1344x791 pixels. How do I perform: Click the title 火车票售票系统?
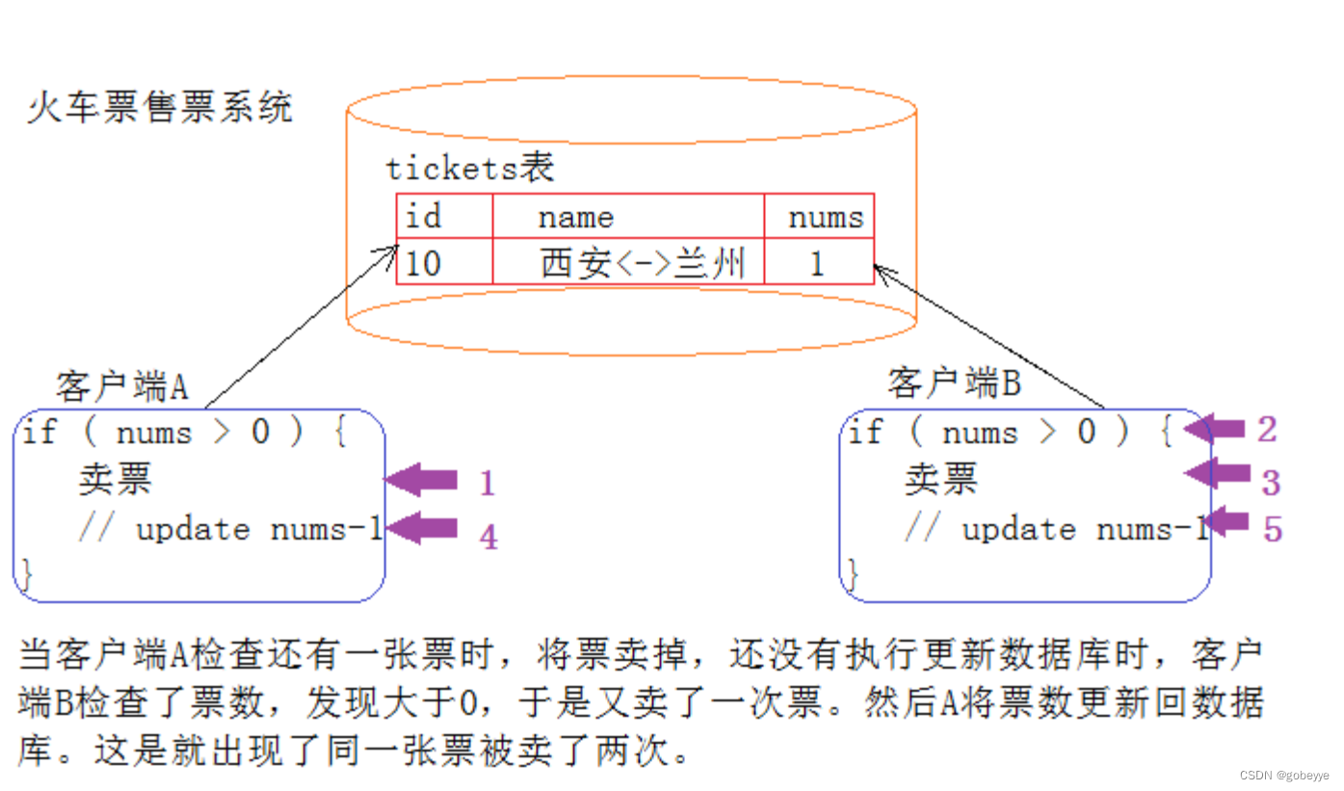coord(159,108)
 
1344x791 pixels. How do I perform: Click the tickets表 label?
coord(469,169)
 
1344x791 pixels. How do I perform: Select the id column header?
coord(423,217)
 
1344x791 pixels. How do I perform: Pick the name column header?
coord(575,218)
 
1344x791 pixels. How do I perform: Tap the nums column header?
coord(825,218)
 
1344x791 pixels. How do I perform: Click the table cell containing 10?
coord(423,263)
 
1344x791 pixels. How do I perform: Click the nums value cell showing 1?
coord(817,263)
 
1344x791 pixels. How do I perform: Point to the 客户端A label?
coord(121,386)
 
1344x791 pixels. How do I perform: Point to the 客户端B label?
coord(953,383)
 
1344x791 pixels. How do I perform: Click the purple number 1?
coord(488,483)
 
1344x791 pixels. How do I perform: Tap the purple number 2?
coord(1267,430)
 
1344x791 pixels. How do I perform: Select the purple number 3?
coord(1271,482)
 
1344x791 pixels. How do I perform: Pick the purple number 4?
coord(489,537)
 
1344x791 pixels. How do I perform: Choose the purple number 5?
coord(1273,529)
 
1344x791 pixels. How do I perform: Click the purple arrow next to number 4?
coord(421,528)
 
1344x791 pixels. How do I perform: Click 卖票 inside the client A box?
coord(115,479)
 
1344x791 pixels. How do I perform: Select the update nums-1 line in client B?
coord(1055,529)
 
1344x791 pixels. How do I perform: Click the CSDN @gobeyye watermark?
coord(1283,776)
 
